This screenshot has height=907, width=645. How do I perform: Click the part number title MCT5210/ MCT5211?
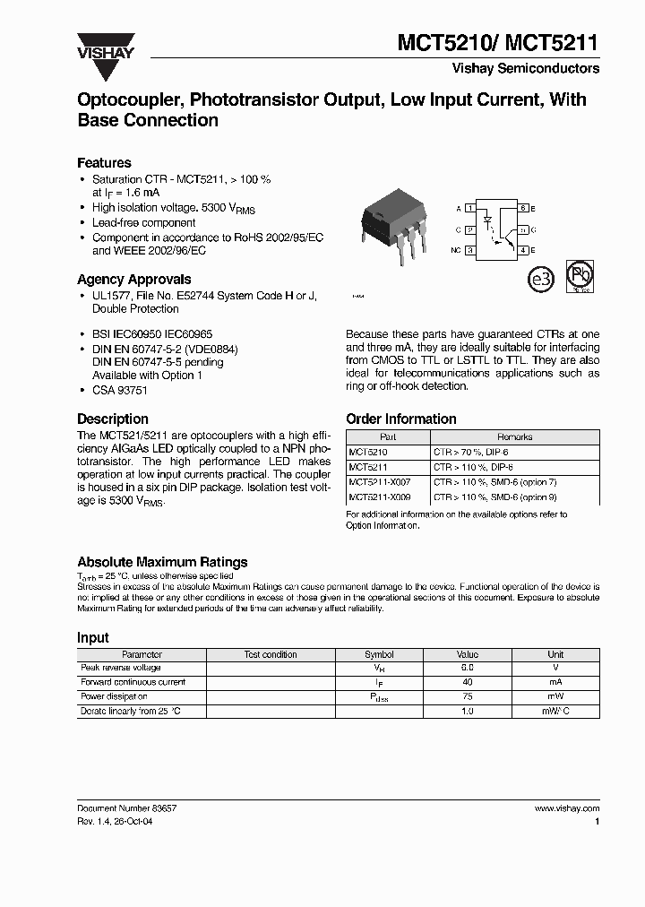tap(498, 42)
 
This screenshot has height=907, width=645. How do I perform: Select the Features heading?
tap(104, 163)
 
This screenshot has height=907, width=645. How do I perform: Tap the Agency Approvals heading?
tap(133, 279)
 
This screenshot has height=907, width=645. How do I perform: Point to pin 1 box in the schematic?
tap(470, 208)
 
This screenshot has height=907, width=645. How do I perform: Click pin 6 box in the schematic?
tap(522, 208)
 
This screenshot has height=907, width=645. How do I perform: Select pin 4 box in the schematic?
tap(522, 251)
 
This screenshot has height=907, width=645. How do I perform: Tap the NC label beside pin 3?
tap(457, 251)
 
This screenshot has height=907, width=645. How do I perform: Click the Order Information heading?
tap(400, 419)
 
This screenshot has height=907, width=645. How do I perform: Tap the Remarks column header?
tap(514, 437)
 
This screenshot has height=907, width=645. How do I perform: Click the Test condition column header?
tap(271, 655)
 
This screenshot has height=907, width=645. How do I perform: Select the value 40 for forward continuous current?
tap(468, 683)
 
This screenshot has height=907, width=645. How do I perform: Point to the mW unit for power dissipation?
tap(555, 696)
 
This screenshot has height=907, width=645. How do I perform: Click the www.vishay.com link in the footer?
tap(566, 808)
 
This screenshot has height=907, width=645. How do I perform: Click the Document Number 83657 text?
tap(126, 808)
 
